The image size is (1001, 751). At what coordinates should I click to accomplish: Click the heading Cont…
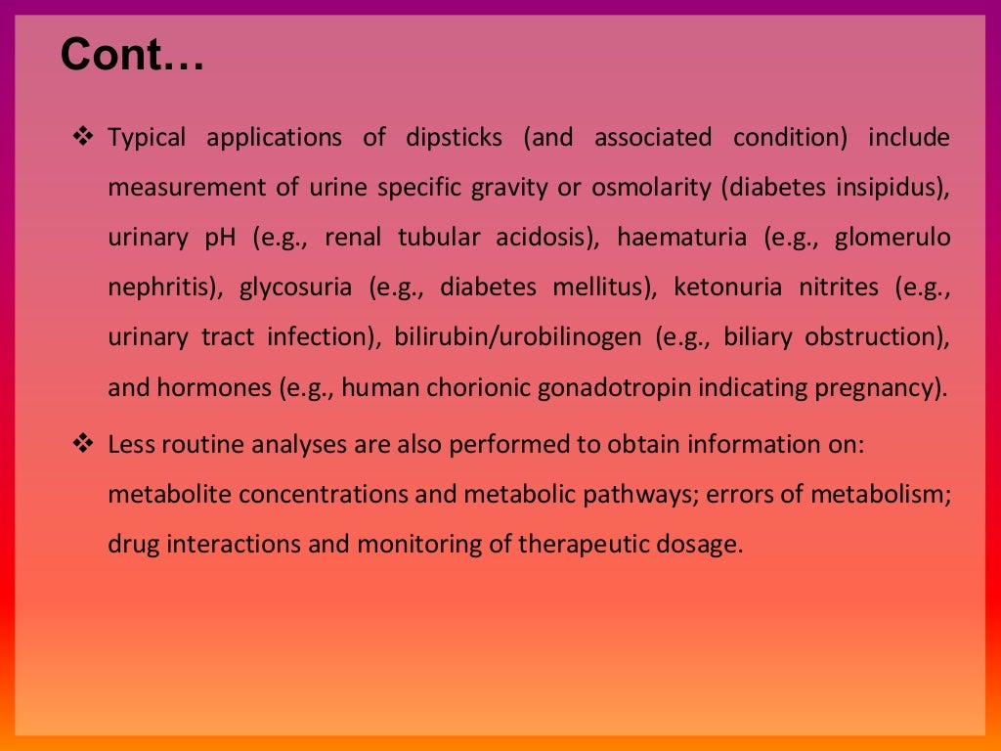coord(133,56)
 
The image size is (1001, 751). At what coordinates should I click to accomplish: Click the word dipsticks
coord(454,138)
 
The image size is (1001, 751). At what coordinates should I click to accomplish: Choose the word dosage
coord(698,544)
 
